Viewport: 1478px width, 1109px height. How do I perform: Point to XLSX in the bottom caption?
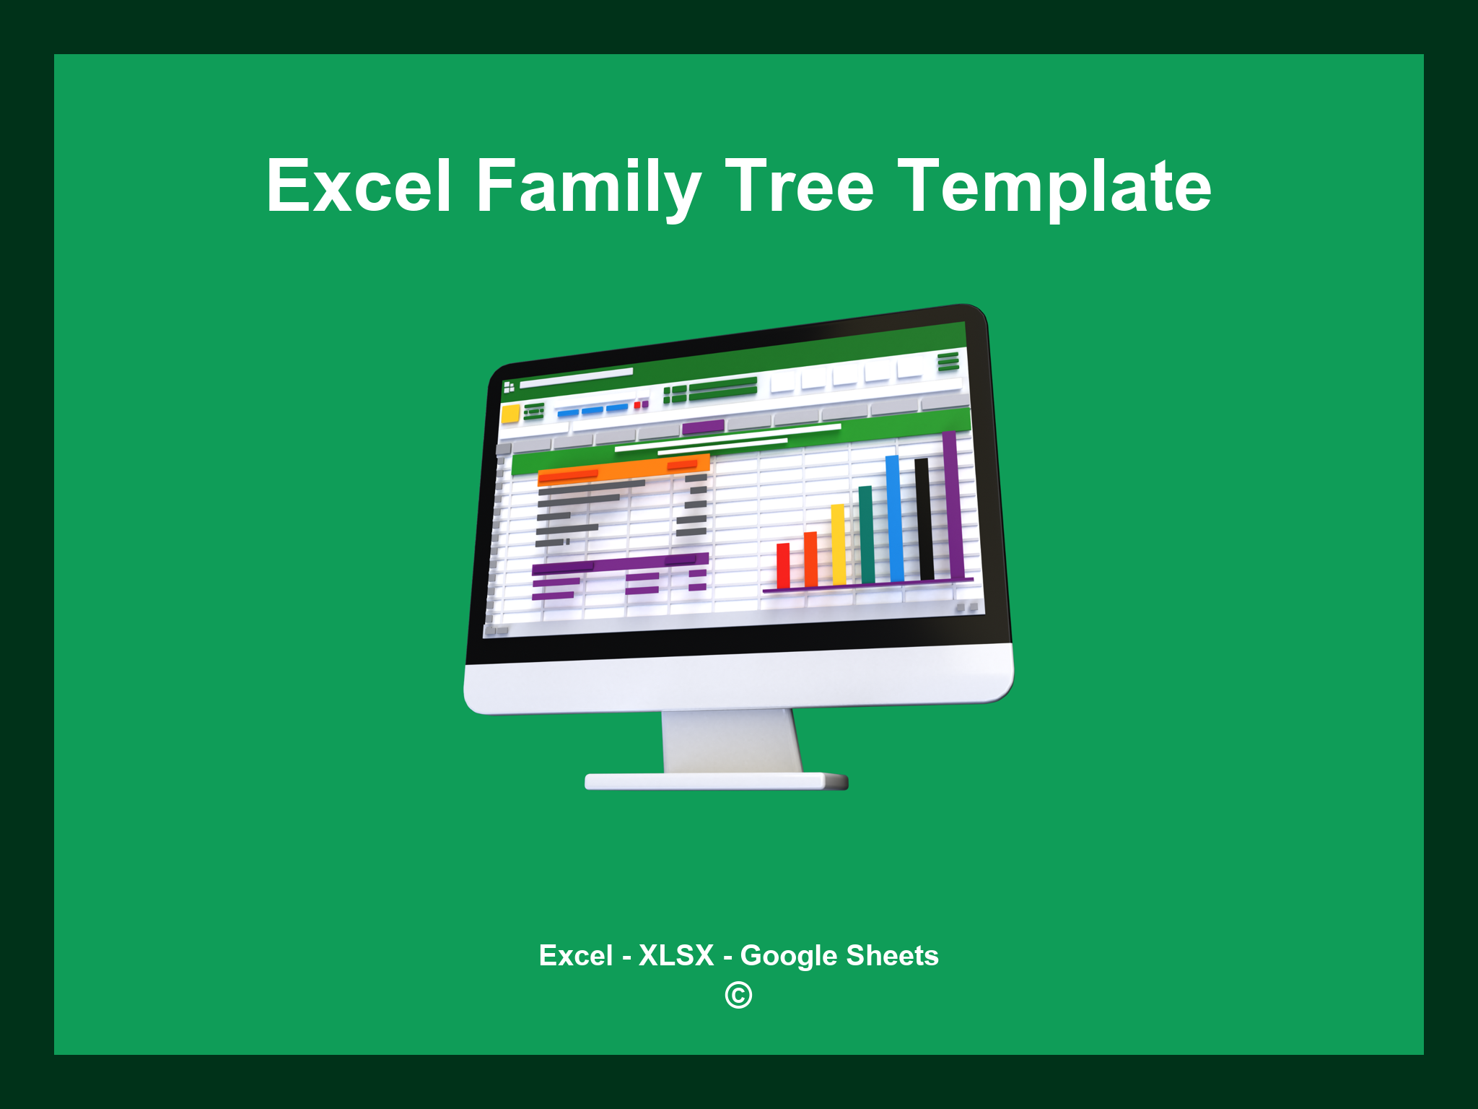click(x=676, y=955)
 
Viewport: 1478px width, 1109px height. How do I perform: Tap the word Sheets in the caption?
click(x=892, y=955)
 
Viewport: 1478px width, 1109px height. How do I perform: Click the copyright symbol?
click(x=738, y=995)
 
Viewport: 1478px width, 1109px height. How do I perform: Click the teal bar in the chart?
click(x=866, y=534)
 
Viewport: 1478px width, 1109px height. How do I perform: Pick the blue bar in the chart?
click(x=894, y=518)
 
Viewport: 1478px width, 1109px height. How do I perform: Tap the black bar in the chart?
click(x=923, y=518)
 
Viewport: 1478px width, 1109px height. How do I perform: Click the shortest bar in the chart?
click(x=783, y=565)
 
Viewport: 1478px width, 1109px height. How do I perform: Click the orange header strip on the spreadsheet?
click(x=624, y=469)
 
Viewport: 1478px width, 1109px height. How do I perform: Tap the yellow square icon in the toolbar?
click(x=511, y=414)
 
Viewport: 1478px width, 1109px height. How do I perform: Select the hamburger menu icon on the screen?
click(x=948, y=360)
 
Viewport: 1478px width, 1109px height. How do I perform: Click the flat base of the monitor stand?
click(x=714, y=781)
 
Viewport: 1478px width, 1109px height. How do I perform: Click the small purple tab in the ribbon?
click(x=703, y=427)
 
